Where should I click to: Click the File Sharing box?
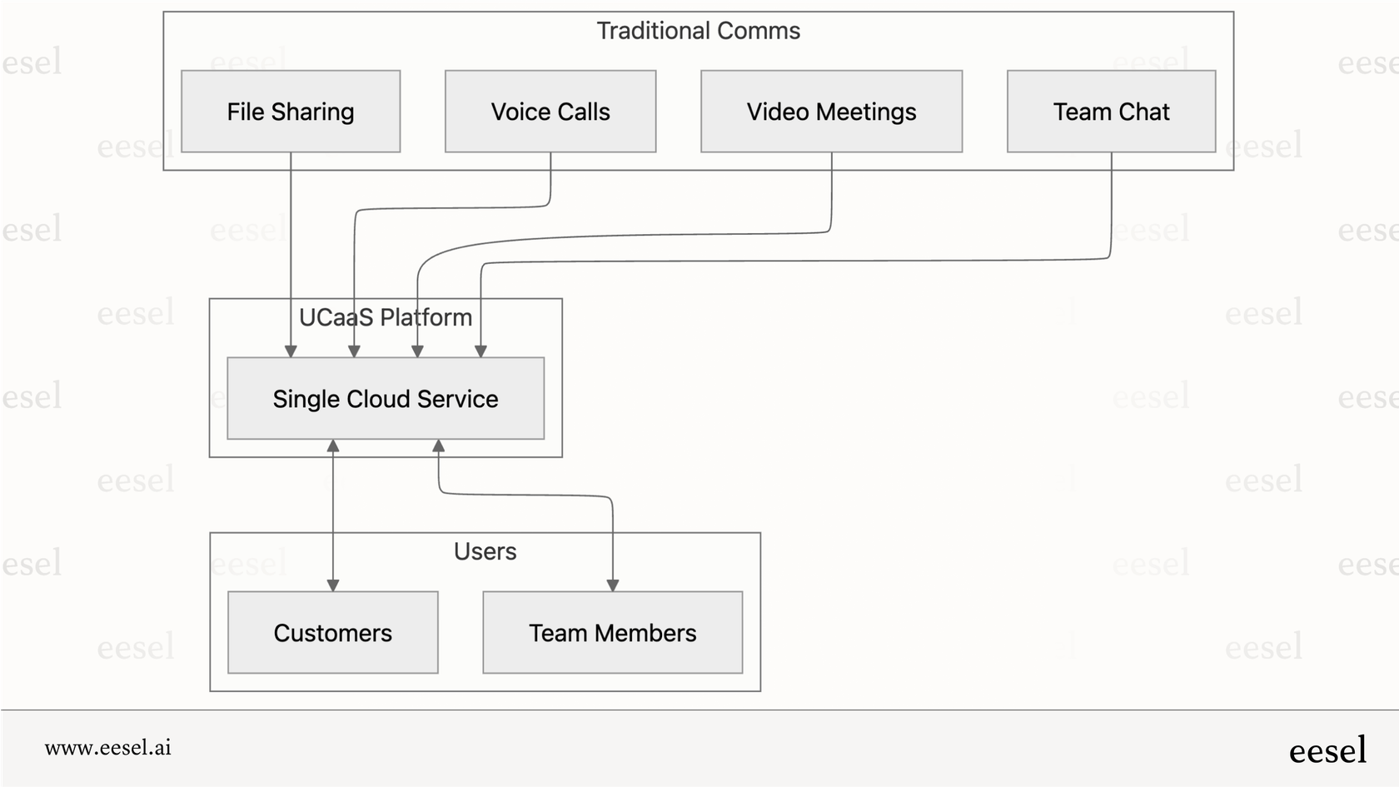(291, 112)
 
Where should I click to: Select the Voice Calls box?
(550, 112)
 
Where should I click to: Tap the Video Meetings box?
(831, 112)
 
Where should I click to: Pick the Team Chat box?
(1111, 112)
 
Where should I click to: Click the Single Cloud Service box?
(386, 399)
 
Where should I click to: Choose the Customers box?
(332, 633)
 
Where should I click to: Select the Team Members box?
(612, 633)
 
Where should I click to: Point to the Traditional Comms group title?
(698, 31)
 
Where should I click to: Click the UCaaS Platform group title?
(386, 317)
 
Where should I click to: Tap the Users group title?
(485, 551)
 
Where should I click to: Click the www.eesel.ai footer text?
(108, 747)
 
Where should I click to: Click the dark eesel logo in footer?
(1327, 750)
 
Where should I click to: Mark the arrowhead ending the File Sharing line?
(291, 351)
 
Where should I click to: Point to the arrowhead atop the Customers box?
(333, 585)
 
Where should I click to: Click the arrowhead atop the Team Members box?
(613, 585)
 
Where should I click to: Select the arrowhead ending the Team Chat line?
(480, 351)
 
